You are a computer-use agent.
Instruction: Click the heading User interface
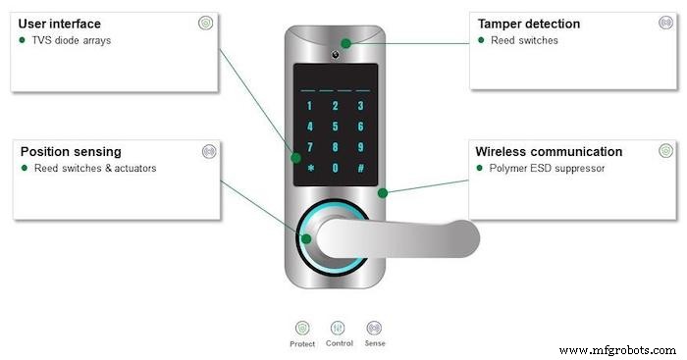[59, 24]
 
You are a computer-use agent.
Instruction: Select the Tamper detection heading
[528, 24]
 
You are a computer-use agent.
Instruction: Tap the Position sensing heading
[71, 152]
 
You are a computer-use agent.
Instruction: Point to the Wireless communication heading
[549, 152]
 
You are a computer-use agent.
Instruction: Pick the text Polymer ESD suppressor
[546, 168]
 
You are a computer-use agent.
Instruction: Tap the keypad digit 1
[310, 106]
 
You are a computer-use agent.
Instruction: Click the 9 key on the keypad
[361, 147]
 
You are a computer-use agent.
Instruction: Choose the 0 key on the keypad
[336, 168]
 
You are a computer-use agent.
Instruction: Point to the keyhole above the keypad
[336, 44]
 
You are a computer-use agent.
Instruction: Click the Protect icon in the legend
[302, 328]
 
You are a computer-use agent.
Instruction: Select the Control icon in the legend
[338, 328]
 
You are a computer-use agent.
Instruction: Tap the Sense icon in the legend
[374, 328]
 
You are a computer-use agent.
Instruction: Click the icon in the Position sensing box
[207, 152]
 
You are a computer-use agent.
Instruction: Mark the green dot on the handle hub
[306, 238]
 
